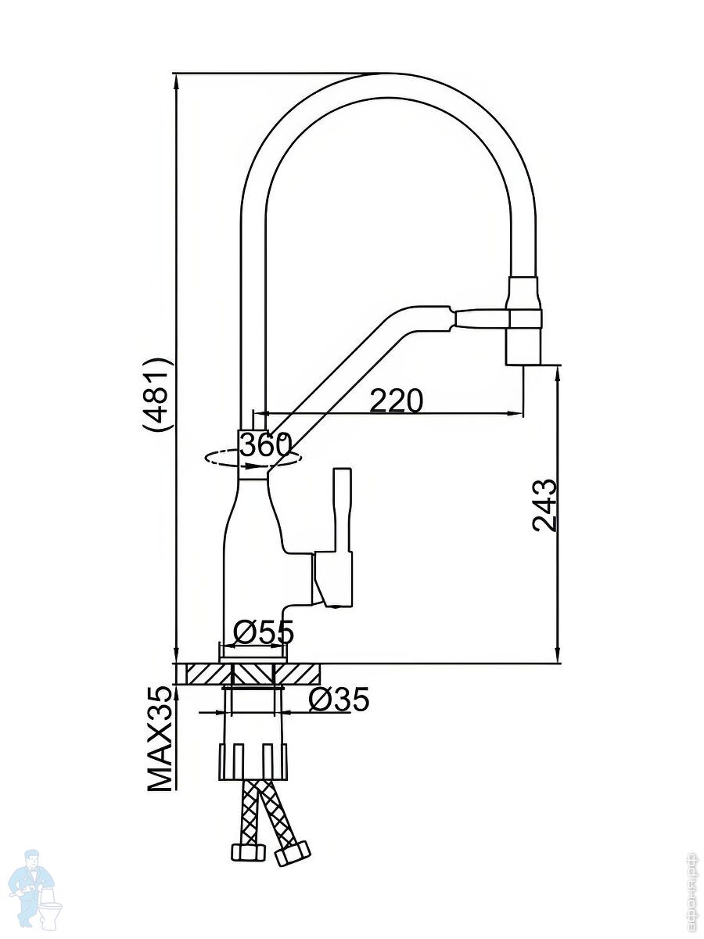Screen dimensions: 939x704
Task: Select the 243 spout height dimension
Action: tap(545, 505)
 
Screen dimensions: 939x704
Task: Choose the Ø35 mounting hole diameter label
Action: tap(338, 700)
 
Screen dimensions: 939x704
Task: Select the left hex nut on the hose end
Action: tap(245, 852)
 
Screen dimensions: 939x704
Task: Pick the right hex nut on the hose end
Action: tap(292, 852)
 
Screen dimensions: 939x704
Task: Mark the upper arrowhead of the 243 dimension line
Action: tap(558, 375)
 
